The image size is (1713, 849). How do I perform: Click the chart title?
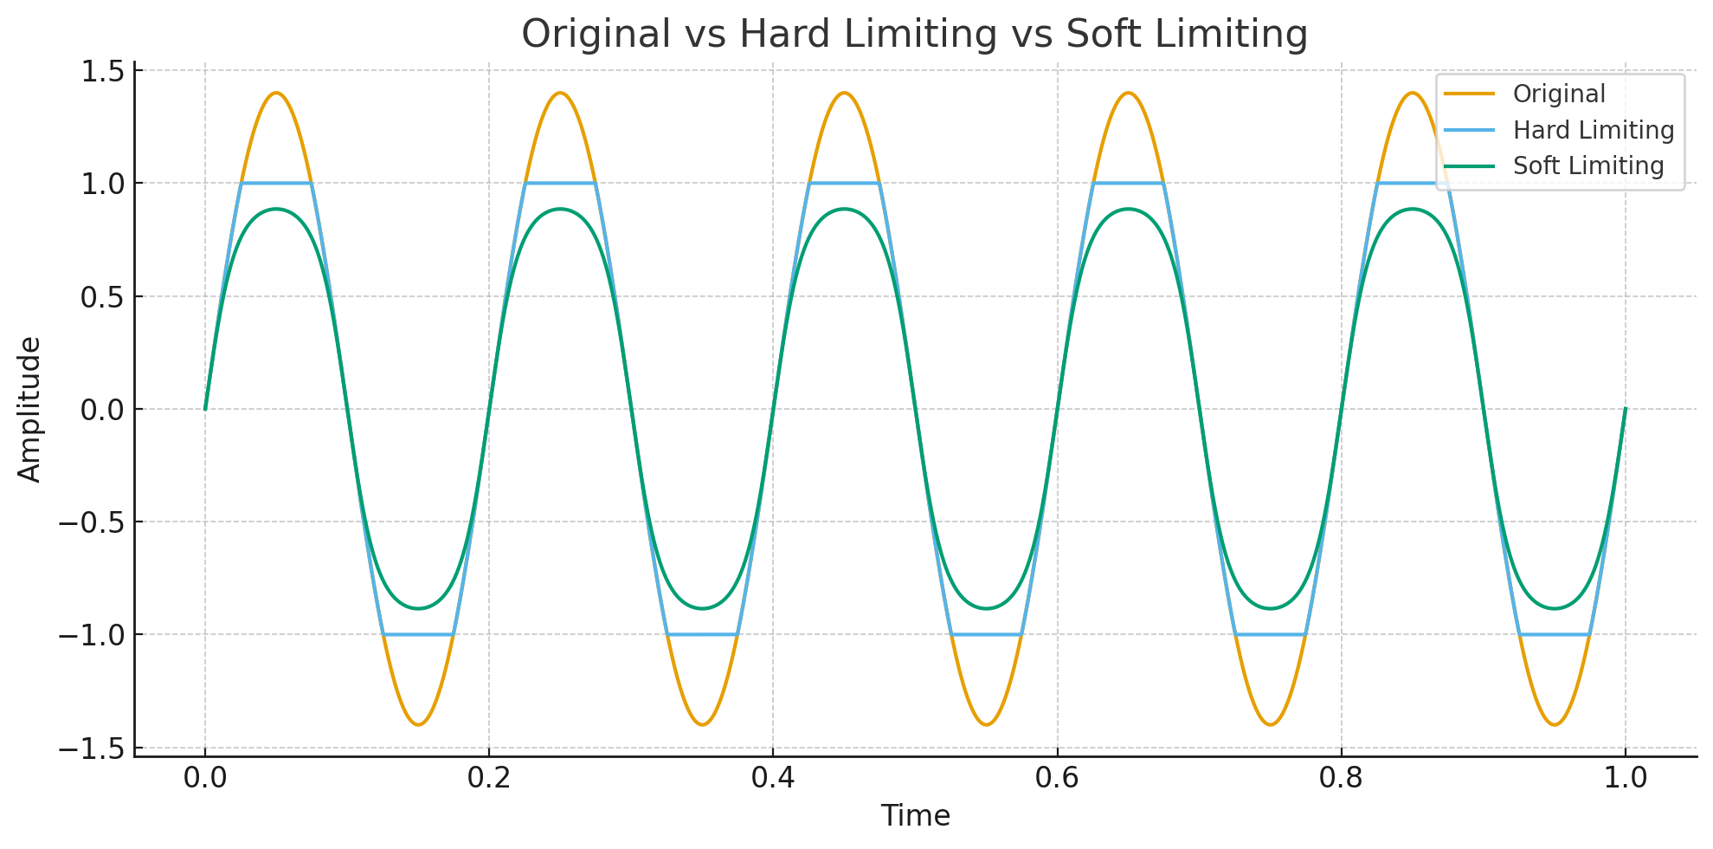coord(914,35)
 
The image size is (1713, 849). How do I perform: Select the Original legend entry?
coord(1558,94)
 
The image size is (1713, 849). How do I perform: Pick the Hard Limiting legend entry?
coord(1593,130)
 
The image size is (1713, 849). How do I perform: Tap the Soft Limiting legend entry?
coord(1587,165)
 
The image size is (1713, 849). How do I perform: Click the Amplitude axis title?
coord(29,409)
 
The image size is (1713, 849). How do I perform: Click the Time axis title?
coord(915,815)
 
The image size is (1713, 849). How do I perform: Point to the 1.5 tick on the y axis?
coord(102,71)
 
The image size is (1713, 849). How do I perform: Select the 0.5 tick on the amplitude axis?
coord(102,297)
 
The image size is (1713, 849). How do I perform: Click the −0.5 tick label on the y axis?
coord(91,522)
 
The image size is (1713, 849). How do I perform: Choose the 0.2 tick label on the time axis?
coord(489,778)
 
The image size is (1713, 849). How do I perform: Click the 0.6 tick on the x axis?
coord(1057,778)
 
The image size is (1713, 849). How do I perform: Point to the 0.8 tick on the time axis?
coord(1341,778)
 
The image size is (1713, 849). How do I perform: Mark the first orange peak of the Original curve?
coord(276,94)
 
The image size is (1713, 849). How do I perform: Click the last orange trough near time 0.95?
coord(1555,724)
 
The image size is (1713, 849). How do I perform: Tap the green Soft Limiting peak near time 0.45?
coord(844,209)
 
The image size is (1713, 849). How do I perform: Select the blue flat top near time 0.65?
coord(1128,184)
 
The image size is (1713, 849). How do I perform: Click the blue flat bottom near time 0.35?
coord(702,635)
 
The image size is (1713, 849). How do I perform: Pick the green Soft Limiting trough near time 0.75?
coord(1270,608)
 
